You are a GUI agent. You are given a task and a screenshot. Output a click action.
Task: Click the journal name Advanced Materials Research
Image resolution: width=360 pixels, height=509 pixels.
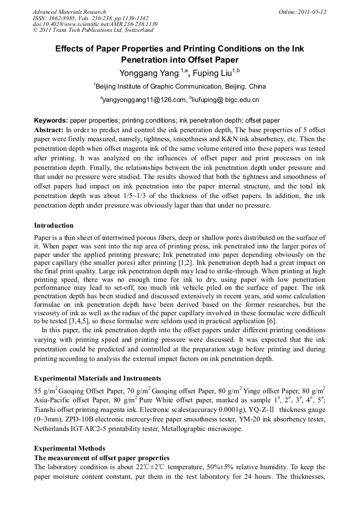[x=69, y=12]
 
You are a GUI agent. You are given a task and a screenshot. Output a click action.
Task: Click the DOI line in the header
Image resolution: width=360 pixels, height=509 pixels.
[x=95, y=24]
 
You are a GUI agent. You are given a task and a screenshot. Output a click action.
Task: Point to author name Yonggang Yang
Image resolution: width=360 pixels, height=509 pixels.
[x=149, y=73]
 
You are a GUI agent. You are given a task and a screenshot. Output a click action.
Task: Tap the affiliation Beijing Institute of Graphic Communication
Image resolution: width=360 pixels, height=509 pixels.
[x=159, y=86]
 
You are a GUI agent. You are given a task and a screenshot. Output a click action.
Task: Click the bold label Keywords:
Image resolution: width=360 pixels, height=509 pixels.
[x=51, y=121]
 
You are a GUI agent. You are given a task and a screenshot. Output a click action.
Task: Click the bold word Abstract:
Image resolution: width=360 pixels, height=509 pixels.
[x=49, y=130]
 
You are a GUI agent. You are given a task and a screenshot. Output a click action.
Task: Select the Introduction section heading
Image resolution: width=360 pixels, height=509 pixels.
[x=54, y=226]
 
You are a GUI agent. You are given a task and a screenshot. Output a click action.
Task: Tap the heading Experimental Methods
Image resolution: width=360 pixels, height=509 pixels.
[x=70, y=448]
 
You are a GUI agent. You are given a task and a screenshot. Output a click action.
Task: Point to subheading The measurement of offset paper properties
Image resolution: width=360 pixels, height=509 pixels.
[x=101, y=458]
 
